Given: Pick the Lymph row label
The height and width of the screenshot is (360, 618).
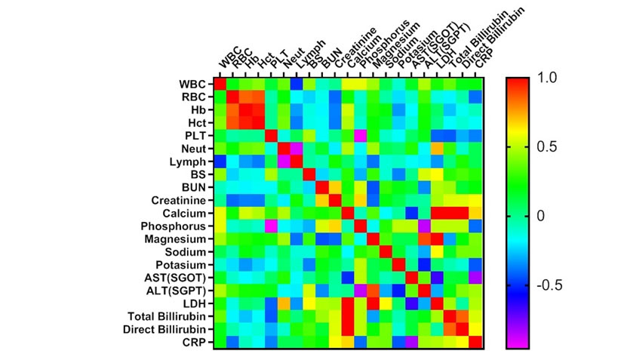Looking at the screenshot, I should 189,161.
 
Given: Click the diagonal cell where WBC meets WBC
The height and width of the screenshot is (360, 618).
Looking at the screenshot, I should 220,83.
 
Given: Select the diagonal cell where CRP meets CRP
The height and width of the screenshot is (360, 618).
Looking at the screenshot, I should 476,343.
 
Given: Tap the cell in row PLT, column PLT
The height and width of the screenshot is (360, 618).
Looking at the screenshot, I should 272,135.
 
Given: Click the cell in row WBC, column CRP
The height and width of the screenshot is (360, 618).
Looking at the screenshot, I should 476,83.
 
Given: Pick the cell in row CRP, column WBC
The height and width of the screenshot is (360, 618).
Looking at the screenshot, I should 220,343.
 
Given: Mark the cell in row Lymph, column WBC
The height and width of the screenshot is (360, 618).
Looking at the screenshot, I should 220,161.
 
